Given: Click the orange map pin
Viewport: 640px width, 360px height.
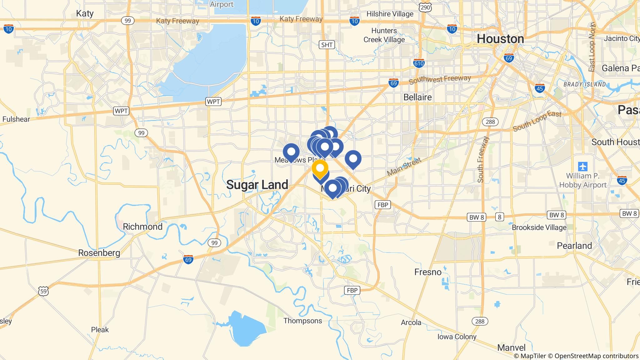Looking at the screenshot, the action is [x=320, y=168].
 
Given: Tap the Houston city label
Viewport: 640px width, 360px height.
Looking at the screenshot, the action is [x=500, y=39].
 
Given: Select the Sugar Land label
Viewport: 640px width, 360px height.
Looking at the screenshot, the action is [x=257, y=185].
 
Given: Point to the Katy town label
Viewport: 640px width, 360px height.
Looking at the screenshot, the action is [x=85, y=13].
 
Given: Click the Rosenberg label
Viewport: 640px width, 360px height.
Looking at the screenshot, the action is [x=99, y=253].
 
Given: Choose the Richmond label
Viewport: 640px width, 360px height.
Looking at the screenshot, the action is [x=142, y=227].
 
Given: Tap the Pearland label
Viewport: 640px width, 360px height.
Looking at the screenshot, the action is [x=574, y=246].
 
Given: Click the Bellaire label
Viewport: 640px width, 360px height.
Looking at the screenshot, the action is [x=417, y=97].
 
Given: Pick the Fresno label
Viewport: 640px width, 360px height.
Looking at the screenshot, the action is [x=428, y=272].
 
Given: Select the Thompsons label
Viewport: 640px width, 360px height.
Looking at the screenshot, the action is [x=302, y=321].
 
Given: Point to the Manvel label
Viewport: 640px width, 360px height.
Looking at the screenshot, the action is [x=511, y=347].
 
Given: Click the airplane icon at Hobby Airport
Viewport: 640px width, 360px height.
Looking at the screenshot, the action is [x=583, y=166].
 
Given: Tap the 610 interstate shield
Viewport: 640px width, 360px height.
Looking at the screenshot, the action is [x=419, y=63].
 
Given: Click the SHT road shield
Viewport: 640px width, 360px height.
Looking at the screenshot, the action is [x=327, y=45].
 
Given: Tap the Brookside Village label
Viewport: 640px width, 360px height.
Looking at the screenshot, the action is [x=539, y=227].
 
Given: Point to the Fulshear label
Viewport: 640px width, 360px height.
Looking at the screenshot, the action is [x=16, y=119].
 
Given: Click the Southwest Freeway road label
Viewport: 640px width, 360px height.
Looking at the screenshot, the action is [x=439, y=80].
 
